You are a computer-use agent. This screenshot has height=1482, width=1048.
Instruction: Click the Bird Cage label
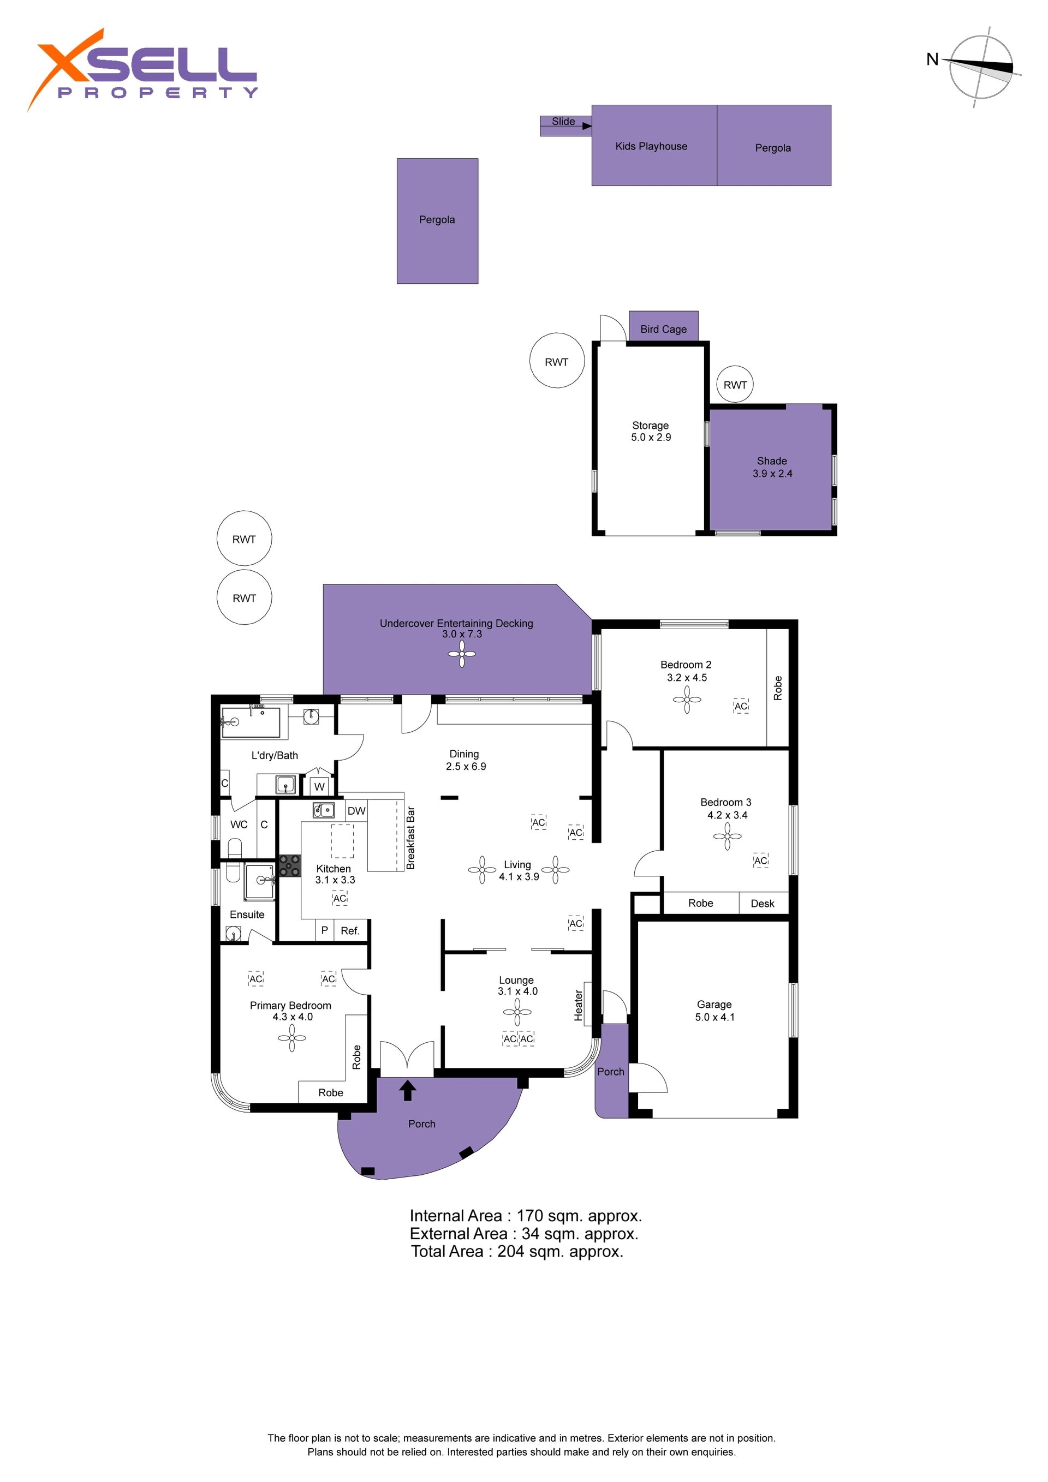point(663,329)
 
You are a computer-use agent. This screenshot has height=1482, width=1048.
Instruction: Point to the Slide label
point(563,121)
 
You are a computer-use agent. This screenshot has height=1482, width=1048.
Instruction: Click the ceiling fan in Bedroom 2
point(687,699)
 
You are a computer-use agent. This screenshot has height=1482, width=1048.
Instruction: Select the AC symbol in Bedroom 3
point(761,860)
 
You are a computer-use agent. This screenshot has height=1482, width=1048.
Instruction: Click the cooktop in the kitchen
point(289,865)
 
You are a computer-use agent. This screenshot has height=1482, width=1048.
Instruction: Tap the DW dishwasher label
point(356,811)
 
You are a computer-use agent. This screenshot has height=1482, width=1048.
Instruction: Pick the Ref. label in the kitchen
point(350,931)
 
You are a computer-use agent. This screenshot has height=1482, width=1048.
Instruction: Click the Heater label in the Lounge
point(579,1006)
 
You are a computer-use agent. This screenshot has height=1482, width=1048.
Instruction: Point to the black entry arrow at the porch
point(407,1090)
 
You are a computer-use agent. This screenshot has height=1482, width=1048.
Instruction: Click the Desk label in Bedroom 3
point(762,904)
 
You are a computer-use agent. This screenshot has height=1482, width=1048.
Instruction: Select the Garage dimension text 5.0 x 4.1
point(715,1017)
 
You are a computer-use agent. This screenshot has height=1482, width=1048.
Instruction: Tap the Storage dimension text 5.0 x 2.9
point(651,437)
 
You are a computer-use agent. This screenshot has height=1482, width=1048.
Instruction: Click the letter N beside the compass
point(932,59)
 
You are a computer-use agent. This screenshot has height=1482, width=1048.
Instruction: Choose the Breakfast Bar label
point(410,838)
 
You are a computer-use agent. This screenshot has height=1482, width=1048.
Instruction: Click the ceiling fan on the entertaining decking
point(462,654)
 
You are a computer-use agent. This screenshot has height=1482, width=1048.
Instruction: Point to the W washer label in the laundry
point(319,787)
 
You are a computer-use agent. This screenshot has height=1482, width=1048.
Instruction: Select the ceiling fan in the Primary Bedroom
point(292,1038)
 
